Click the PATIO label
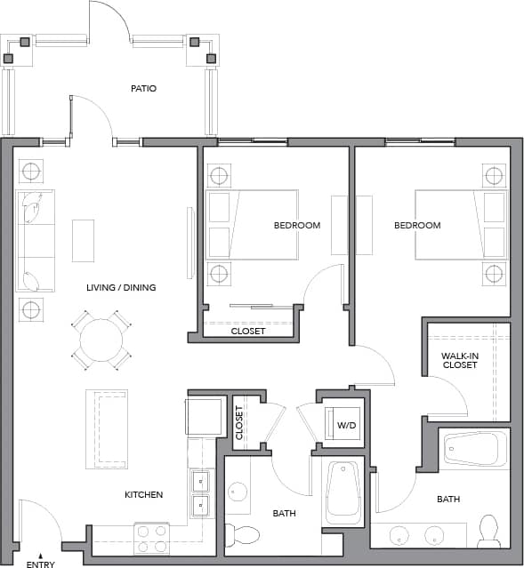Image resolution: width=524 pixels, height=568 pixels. tap(143, 89)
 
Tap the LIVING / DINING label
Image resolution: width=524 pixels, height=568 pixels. tap(121, 287)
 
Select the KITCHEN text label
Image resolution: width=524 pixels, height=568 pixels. tap(143, 494)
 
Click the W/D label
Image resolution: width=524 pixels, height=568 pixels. tap(346, 426)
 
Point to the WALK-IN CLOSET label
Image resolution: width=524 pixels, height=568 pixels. tap(460, 360)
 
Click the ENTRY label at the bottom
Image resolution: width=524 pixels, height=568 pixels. tap(40, 564)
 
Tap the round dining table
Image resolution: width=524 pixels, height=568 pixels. tap(101, 340)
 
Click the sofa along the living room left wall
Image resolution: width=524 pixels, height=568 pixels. tap(35, 240)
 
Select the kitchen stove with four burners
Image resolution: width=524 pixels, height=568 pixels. tap(151, 539)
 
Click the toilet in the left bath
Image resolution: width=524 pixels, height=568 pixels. tap(242, 535)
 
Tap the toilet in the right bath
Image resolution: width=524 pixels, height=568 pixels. tap(489, 531)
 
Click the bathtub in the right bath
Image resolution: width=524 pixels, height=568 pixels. tap(475, 450)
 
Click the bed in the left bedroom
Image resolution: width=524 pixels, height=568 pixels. tap(251, 225)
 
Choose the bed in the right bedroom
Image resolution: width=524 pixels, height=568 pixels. tap(461, 225)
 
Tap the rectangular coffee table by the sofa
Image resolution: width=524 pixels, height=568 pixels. tap(83, 240)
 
